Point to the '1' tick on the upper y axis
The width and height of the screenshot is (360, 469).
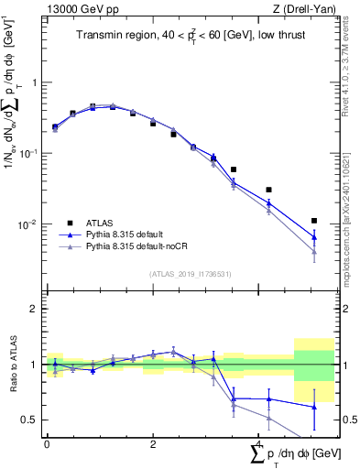(x=33, y=82)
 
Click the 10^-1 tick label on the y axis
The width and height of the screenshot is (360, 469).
(x=27, y=153)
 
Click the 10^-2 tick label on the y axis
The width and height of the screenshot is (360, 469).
(x=27, y=224)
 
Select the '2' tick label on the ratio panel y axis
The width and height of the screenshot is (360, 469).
(x=33, y=309)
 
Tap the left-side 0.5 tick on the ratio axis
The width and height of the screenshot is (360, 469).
(x=29, y=420)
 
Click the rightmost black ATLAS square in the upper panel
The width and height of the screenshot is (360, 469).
(x=314, y=221)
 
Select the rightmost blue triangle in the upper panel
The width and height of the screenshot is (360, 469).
(x=314, y=237)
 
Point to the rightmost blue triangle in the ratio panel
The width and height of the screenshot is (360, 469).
(x=314, y=406)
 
